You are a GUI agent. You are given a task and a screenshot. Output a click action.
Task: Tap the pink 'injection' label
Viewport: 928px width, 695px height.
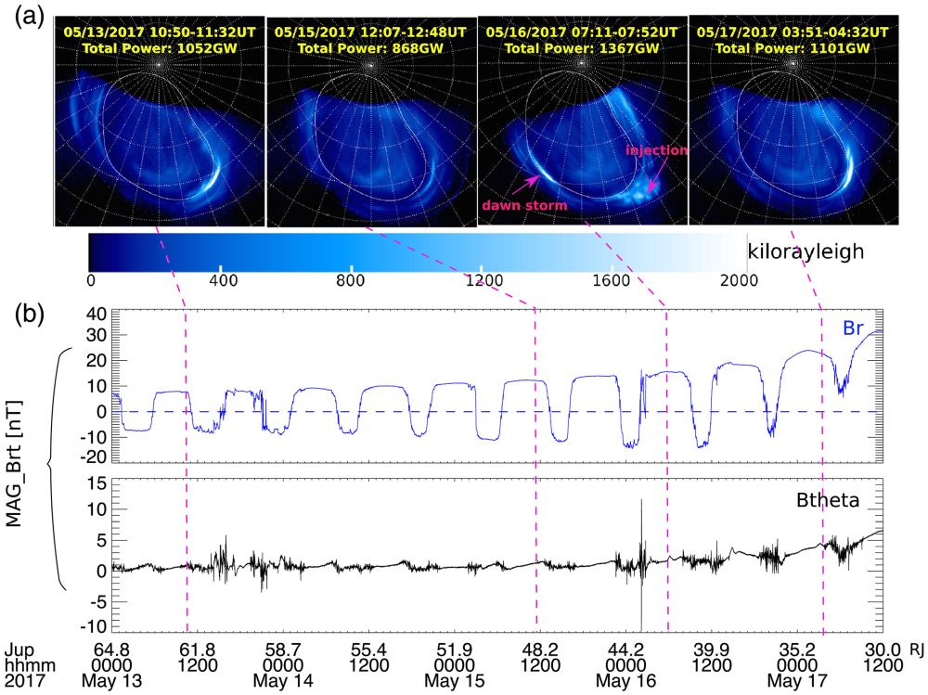point(657,150)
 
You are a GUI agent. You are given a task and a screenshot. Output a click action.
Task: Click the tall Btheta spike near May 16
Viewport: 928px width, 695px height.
point(641,506)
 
